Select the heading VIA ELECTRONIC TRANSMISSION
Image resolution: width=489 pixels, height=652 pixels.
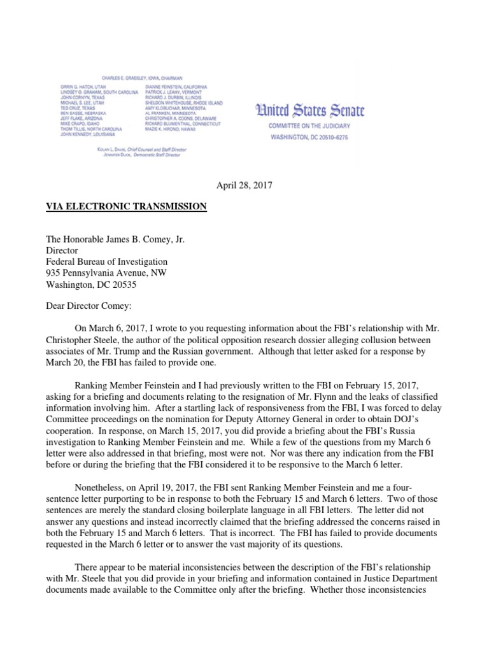[126, 206]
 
